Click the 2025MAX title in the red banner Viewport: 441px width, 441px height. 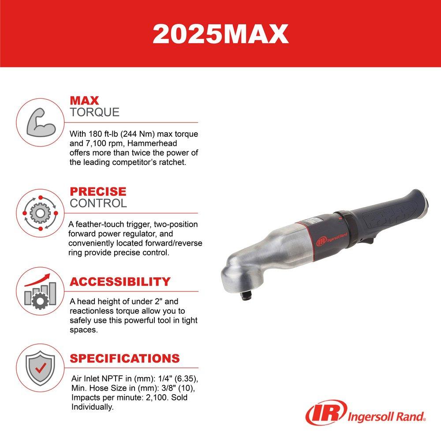[220, 34]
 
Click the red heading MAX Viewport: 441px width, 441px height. [84, 101]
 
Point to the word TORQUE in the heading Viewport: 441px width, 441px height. [94, 112]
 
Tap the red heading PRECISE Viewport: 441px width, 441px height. [98, 192]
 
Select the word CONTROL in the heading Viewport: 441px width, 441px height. [98, 203]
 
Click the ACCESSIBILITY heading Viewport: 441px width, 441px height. [120, 282]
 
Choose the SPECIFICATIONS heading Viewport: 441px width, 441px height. [125, 358]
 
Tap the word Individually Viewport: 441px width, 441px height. [93, 408]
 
